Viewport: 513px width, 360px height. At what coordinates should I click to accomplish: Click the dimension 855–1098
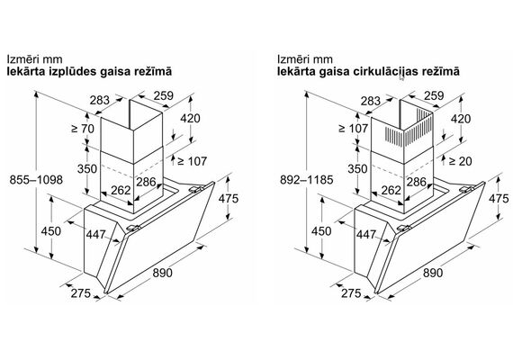pyautogui.click(x=36, y=180)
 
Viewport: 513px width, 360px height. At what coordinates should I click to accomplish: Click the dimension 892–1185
pyautogui.click(x=307, y=180)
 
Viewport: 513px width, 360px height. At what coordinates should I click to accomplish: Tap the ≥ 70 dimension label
pyautogui.click(x=83, y=129)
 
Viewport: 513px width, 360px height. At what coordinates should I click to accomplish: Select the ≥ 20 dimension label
pyautogui.click(x=460, y=161)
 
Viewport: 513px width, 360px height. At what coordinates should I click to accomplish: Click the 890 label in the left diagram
pyautogui.click(x=162, y=273)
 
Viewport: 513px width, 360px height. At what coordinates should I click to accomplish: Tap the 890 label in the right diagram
pyautogui.click(x=433, y=273)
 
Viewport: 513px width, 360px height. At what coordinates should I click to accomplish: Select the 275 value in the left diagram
pyautogui.click(x=80, y=293)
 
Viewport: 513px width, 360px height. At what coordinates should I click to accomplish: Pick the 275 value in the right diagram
pyautogui.click(x=351, y=293)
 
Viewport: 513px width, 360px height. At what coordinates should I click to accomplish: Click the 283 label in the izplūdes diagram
pyautogui.click(x=100, y=100)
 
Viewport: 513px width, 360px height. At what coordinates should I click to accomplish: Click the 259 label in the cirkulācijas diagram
pyautogui.click(x=434, y=96)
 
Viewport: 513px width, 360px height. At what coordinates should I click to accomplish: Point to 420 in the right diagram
pyautogui.click(x=461, y=119)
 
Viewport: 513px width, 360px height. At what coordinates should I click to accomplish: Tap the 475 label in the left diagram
pyautogui.click(x=229, y=199)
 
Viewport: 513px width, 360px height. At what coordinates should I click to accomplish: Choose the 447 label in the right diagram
pyautogui.click(x=366, y=234)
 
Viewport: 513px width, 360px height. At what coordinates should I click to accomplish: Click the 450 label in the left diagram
pyautogui.click(x=51, y=231)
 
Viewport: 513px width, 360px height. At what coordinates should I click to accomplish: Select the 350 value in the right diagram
pyautogui.click(x=357, y=169)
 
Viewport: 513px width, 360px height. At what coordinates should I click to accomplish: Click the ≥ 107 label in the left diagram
pyautogui.click(x=192, y=161)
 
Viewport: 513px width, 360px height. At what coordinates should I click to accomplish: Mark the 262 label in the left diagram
pyautogui.click(x=121, y=190)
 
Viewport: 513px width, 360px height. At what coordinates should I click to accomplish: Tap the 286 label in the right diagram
pyautogui.click(x=417, y=182)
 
